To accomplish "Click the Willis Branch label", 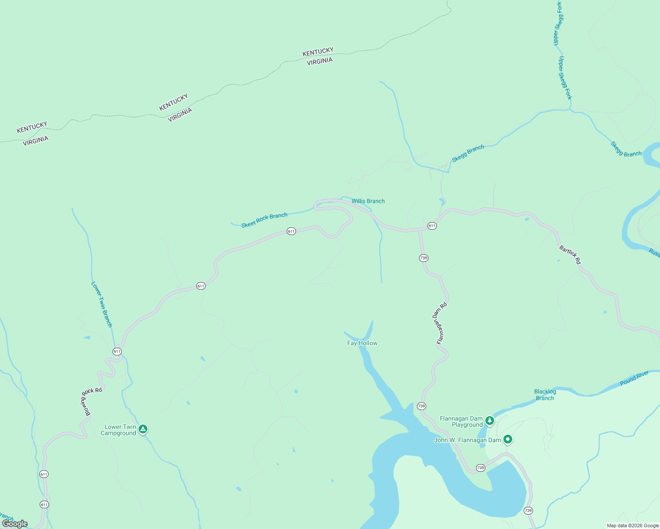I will (368, 201).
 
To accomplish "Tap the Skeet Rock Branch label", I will (264, 220).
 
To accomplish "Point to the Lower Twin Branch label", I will (101, 304).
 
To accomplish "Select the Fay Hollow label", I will (362, 343).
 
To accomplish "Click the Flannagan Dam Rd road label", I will (442, 323).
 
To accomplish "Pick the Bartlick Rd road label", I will (570, 255).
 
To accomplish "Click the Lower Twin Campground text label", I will (118, 430).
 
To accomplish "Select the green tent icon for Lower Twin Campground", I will (142, 428).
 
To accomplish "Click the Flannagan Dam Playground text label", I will (461, 422).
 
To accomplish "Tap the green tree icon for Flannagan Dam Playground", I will (489, 421).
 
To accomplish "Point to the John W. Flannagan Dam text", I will (467, 440).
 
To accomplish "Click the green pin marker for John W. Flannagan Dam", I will (508, 439).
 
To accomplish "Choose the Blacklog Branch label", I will (545, 395).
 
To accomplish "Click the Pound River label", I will (634, 378).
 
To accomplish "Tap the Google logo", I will (15, 524).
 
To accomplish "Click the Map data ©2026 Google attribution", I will (633, 525).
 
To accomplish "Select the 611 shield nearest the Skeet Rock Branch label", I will (291, 231).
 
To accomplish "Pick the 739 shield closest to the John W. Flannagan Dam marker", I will (480, 467).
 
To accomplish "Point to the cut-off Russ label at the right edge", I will (654, 253).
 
